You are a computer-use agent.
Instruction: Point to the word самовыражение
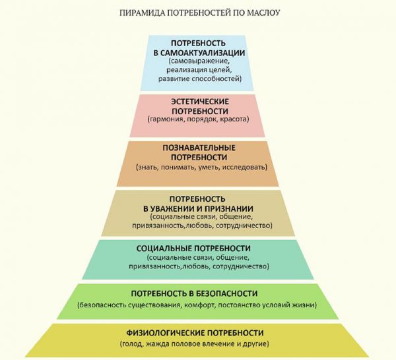(199, 61)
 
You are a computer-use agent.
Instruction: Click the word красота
(234, 119)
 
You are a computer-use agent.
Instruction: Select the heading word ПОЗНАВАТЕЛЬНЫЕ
(199, 148)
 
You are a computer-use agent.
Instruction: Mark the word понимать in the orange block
(178, 167)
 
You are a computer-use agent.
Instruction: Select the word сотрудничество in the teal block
(241, 266)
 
